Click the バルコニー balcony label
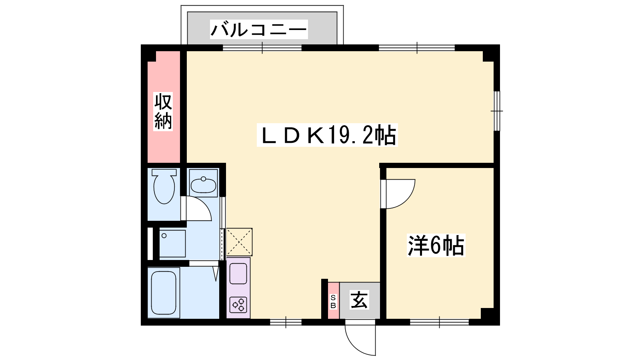coord(259,29)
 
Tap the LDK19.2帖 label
coord(328,135)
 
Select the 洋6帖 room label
coord(436,245)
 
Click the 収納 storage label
coord(163,111)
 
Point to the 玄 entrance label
coord(359,300)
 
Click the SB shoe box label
coord(333,302)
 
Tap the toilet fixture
coord(164,186)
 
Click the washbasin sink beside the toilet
coord(204,185)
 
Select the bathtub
coord(164,292)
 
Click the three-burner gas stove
coord(238,305)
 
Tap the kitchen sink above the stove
coord(238,274)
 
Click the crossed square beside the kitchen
coord(240,242)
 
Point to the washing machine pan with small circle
coord(172,244)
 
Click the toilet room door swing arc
coord(204,204)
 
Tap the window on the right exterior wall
coord(497,111)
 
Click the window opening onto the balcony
coord(262,48)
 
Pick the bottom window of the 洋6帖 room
coord(440,322)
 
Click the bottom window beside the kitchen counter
coord(286,322)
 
